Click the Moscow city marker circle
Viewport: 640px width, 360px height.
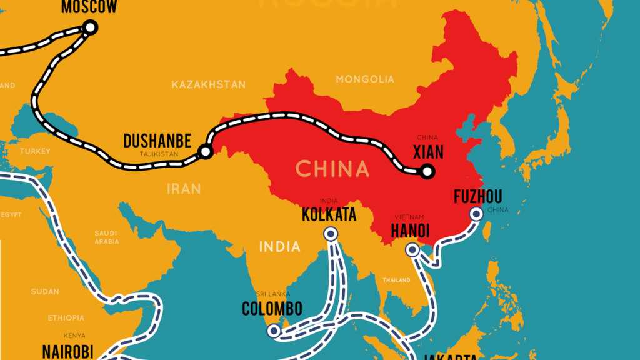90,27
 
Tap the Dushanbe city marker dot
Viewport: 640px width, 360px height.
205,151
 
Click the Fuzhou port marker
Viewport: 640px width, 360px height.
476,213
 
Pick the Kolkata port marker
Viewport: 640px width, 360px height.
330,234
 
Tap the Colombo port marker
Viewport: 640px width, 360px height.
274,329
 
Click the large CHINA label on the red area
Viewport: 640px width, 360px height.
332,169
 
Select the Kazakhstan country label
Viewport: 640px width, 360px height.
209,84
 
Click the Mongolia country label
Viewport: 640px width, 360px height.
365,79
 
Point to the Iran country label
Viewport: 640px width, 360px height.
184,187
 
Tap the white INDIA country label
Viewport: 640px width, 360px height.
280,246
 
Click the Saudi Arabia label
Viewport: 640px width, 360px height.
106,237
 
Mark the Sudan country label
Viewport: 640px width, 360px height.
45,292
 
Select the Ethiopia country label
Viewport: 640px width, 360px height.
65,318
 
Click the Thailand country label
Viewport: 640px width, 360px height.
397,280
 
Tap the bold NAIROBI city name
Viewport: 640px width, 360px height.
67,351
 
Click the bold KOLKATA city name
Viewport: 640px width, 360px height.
329,215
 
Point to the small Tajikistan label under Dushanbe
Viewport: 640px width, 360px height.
159,153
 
